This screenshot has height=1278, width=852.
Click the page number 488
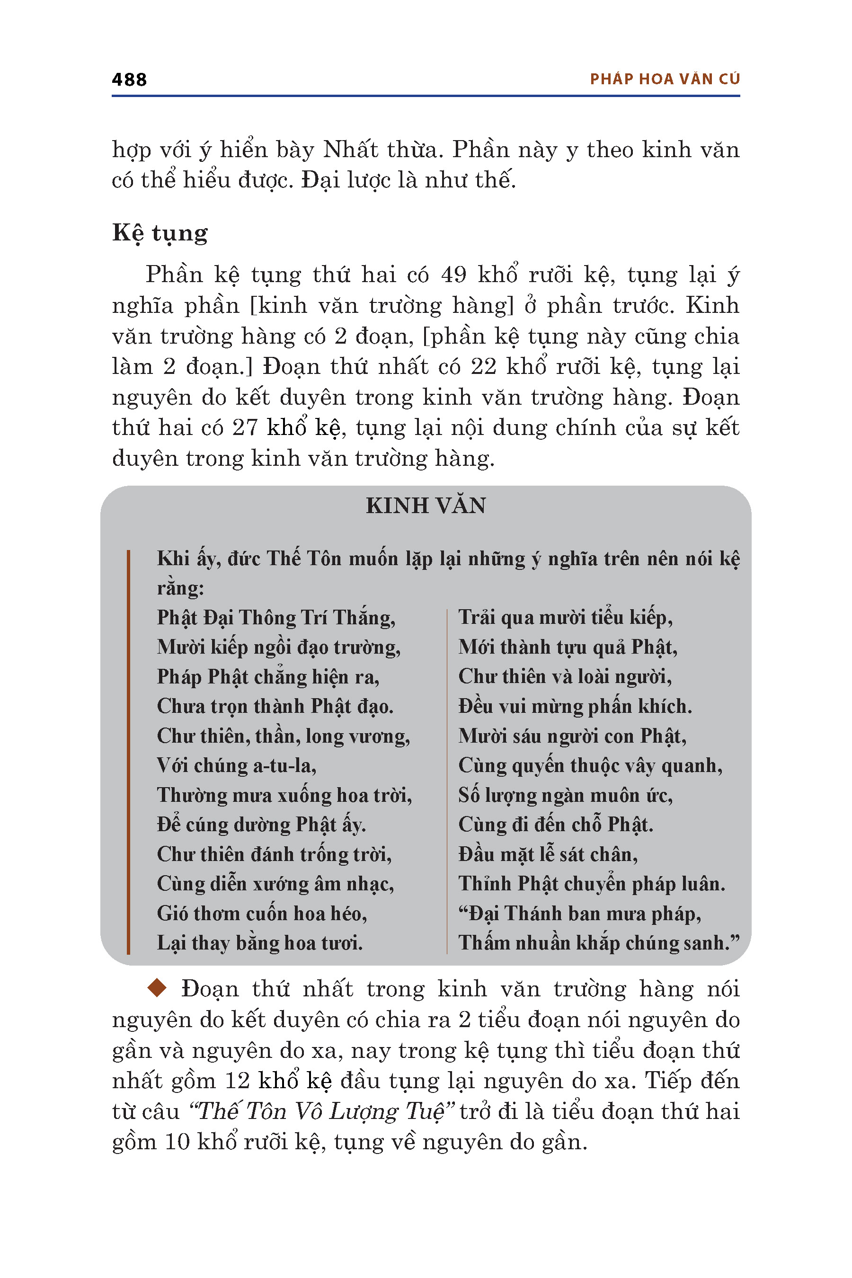[129, 80]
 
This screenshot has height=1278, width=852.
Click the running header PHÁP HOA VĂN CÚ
[665, 80]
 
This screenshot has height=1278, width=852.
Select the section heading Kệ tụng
[160, 233]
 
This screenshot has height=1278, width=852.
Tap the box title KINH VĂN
[426, 506]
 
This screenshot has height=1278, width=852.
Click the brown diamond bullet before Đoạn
[157, 987]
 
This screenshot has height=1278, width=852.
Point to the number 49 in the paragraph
[453, 275]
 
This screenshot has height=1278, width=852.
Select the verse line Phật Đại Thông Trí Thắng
[276, 618]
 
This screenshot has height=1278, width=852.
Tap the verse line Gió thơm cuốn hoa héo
[262, 914]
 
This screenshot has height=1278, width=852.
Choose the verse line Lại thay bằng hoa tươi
[260, 943]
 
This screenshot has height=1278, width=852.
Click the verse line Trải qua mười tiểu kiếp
[565, 618]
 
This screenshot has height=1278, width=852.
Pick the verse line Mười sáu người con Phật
[572, 736]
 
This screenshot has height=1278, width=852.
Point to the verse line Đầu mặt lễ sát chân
[548, 854]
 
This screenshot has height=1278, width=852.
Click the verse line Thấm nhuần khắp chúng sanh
[599, 943]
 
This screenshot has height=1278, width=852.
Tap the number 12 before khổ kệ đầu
[237, 1080]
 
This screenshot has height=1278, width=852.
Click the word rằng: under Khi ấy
[180, 588]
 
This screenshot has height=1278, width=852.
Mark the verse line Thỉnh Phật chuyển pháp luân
[591, 884]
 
